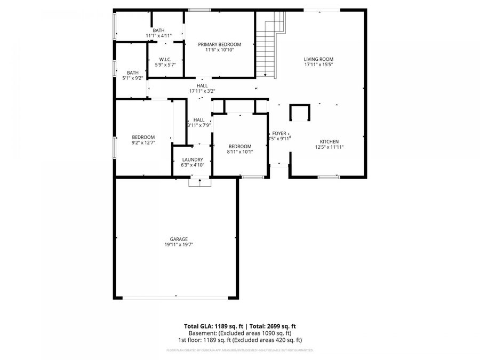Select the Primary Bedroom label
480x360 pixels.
point(219,44)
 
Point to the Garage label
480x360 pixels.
point(179,239)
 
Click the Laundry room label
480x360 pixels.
point(193,159)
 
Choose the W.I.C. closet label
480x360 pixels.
point(165,59)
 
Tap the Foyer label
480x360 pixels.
point(279,133)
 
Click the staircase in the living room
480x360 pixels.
point(269,45)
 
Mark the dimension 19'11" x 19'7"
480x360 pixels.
point(179,245)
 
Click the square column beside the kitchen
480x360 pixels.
point(299,113)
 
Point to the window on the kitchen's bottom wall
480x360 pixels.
point(329,177)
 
